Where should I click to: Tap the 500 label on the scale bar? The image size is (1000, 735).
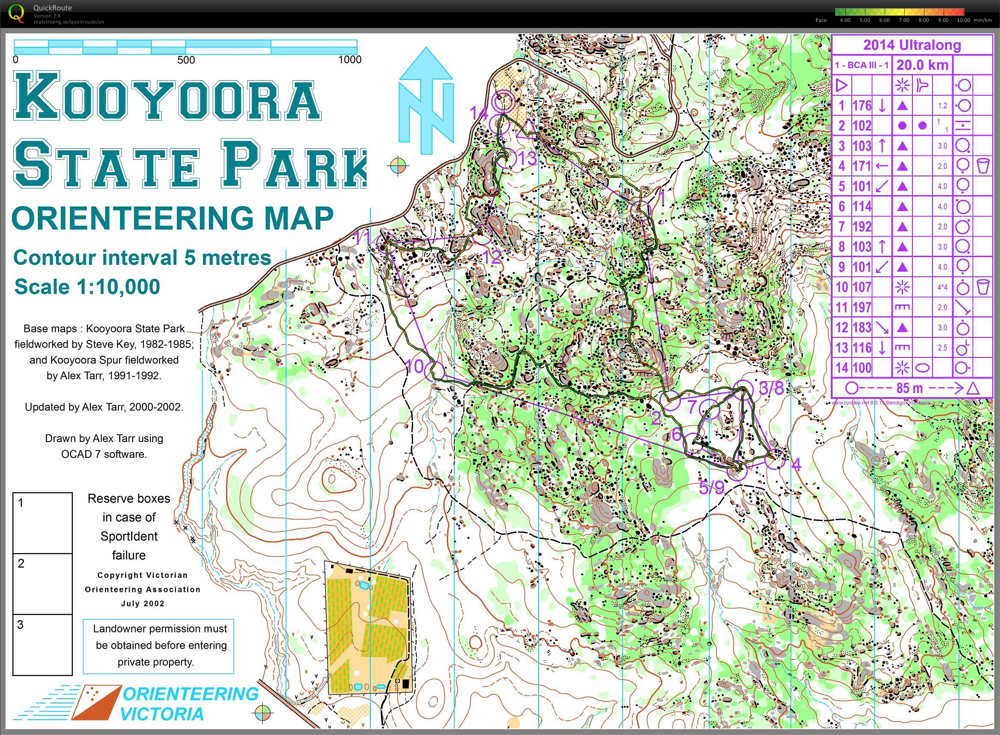pos(186,60)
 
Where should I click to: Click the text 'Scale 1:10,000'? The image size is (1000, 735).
pos(87,287)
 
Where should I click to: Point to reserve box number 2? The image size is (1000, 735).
pos(42,584)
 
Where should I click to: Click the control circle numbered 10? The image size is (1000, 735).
pos(434,370)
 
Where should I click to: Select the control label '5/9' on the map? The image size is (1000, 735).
pos(712,488)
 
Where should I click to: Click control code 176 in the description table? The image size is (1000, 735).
pos(862,106)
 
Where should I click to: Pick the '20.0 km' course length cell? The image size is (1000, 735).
pos(922,65)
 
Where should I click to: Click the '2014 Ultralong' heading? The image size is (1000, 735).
pos(912,45)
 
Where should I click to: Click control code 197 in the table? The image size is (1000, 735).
pos(862,307)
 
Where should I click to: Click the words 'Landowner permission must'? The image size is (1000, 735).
pos(160,629)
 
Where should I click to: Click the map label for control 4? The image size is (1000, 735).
pos(796,465)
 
